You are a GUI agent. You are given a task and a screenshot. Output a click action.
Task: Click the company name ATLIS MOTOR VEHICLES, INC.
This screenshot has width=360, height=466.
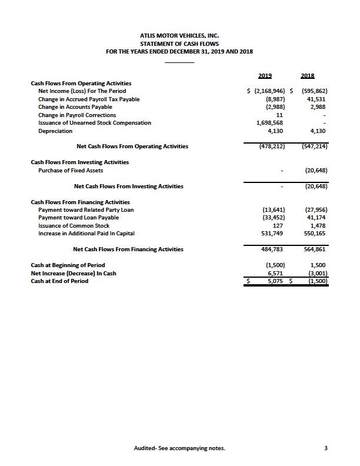point(179,36)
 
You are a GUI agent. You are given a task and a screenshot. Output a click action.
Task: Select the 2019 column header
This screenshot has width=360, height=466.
point(265,75)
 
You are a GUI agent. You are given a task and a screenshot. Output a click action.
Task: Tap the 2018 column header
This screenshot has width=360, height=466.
point(307,75)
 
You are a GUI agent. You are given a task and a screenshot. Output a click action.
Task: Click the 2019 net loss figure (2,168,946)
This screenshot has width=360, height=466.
point(269,91)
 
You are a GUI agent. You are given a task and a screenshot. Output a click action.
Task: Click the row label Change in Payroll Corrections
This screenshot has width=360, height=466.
point(77,115)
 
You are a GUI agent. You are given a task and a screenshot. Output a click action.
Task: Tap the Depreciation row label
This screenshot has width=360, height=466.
point(55,131)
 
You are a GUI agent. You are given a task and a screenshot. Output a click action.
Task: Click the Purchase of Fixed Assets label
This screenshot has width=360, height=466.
point(71,171)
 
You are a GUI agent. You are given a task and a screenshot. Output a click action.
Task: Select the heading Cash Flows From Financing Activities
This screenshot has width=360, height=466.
point(80,202)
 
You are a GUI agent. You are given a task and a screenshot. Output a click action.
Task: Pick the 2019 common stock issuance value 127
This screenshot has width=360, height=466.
point(279,225)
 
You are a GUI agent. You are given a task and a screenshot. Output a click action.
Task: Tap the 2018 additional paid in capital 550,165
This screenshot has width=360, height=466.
point(315,234)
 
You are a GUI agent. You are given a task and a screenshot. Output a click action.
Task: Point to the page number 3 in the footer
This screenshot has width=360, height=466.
point(325,448)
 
